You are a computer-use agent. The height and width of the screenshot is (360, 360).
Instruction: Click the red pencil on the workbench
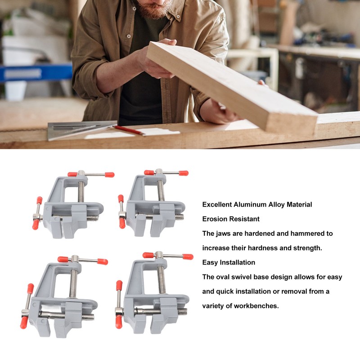pos(129,130)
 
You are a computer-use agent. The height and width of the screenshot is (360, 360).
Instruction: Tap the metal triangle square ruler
pos(78,130)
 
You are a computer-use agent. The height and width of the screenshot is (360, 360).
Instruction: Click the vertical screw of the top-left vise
pos(81,192)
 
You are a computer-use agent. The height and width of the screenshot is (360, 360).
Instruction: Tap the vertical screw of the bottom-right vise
pos(162,279)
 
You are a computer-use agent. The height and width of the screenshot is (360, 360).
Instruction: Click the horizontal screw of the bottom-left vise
pos(67,315)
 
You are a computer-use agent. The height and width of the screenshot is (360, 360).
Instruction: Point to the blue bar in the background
pos(36,73)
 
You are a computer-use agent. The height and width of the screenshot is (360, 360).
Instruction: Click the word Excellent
pos(217,205)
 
